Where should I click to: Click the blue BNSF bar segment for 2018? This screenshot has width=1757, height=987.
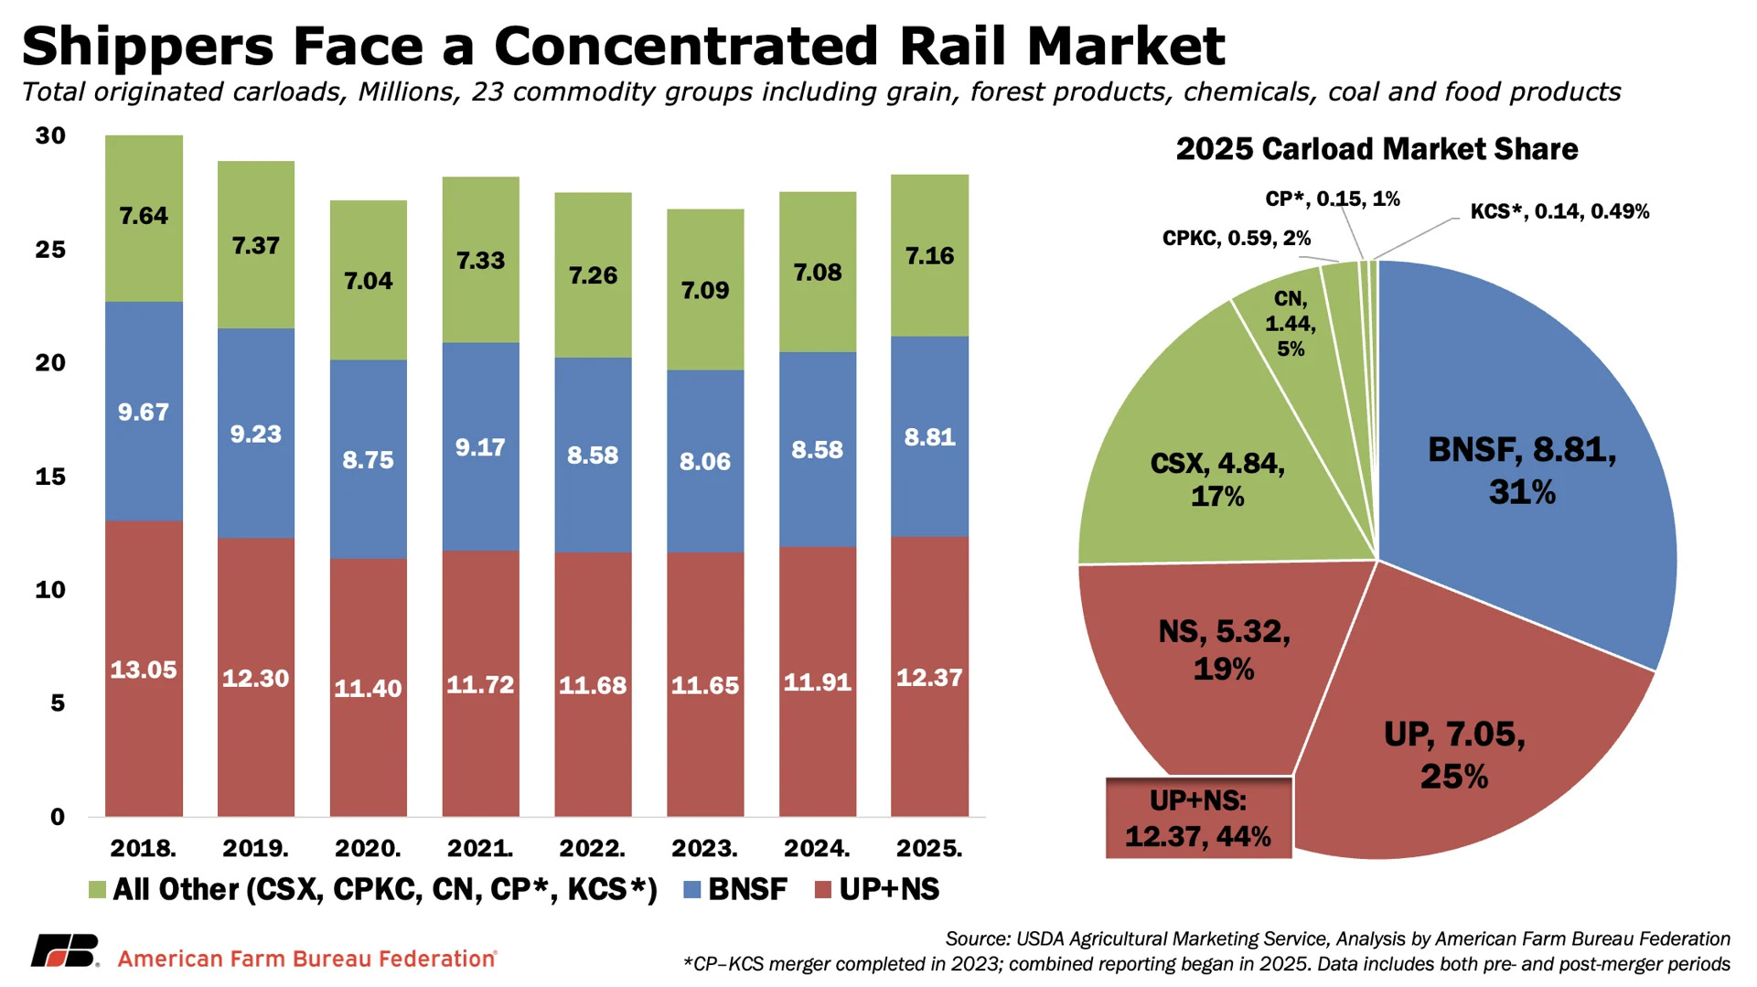pyautogui.click(x=144, y=412)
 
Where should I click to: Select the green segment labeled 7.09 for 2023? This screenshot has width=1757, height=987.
pyautogui.click(x=704, y=290)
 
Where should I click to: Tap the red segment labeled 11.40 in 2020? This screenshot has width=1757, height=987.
pyautogui.click(x=368, y=688)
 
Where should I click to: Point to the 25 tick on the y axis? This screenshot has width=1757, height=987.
pyautogui.click(x=50, y=250)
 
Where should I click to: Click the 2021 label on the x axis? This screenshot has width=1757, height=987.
pyautogui.click(x=480, y=849)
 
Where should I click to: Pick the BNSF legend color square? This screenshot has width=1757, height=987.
pyautogui.click(x=692, y=890)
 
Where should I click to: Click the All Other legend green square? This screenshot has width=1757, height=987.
pyautogui.click(x=97, y=890)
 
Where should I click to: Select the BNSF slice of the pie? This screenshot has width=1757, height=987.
pyautogui.click(x=1522, y=471)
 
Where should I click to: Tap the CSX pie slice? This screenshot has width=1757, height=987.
pyautogui.click(x=1216, y=479)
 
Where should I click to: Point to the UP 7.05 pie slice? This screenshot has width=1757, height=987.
pyautogui.click(x=1454, y=755)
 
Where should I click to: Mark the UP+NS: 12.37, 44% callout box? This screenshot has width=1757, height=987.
pyautogui.click(x=1198, y=819)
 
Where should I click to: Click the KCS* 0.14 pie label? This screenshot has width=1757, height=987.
pyautogui.click(x=1559, y=212)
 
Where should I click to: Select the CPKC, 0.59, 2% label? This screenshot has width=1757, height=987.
pyautogui.click(x=1236, y=239)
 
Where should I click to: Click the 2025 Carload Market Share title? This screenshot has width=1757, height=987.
pyautogui.click(x=1377, y=149)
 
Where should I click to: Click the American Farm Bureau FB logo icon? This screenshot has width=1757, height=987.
pyautogui.click(x=64, y=951)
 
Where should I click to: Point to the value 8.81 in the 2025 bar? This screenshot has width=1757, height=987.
pyautogui.click(x=929, y=437)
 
